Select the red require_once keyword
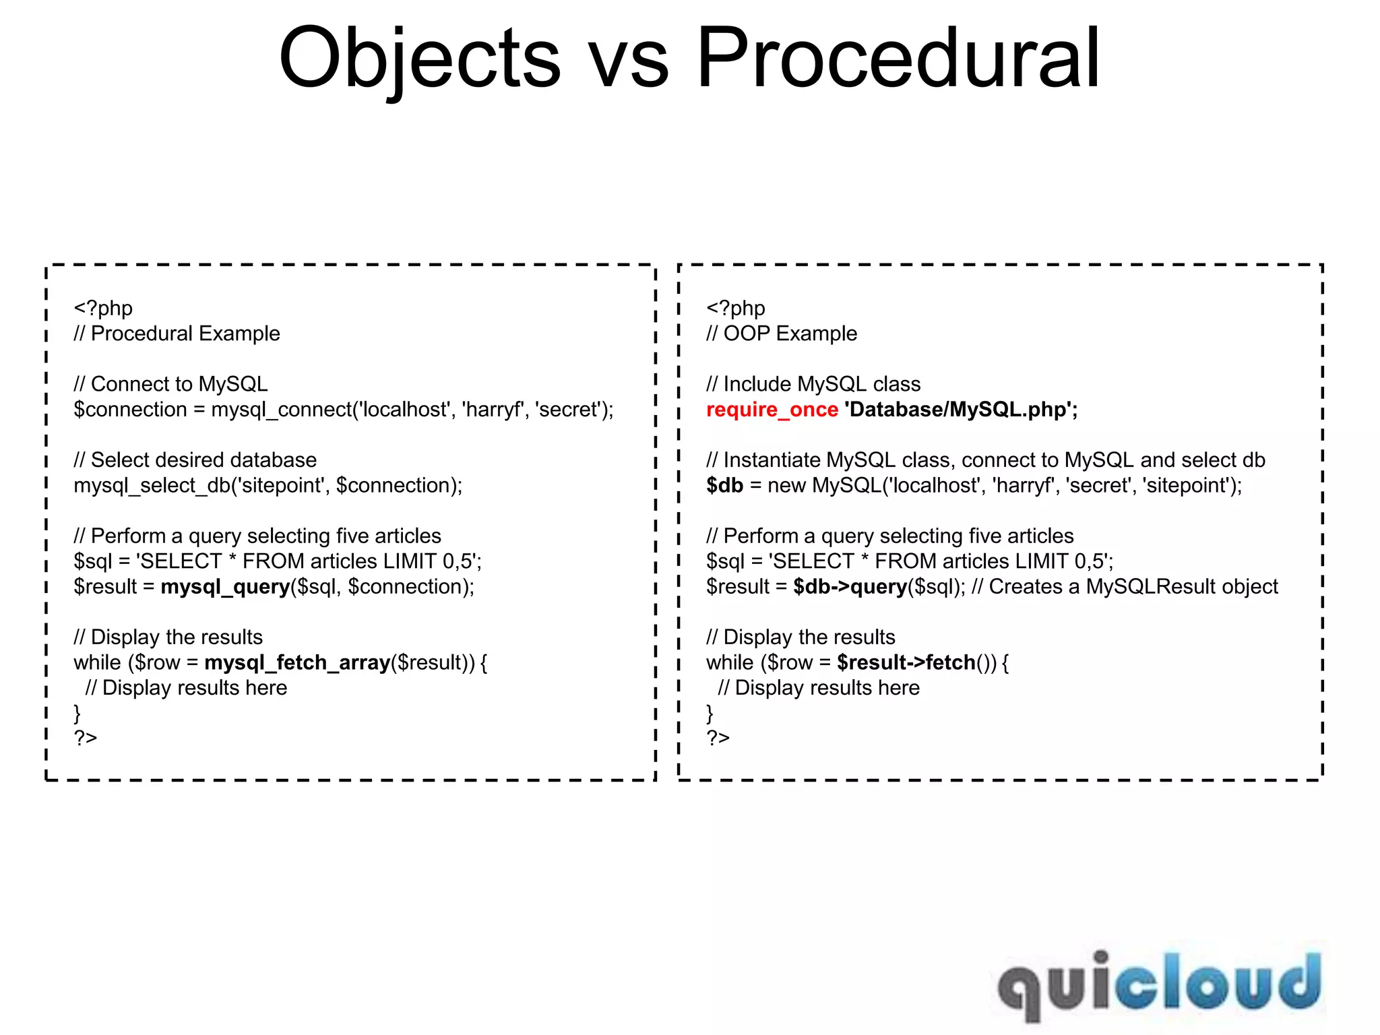(772, 410)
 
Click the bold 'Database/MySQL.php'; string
(960, 410)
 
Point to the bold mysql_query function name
(225, 587)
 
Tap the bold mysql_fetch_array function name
(297, 663)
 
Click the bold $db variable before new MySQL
(724, 486)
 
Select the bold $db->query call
(850, 587)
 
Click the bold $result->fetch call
(906, 663)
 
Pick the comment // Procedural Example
(177, 334)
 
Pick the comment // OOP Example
(782, 334)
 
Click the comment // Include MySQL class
(813, 384)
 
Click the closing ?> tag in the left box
(86, 739)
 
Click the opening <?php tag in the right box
(735, 308)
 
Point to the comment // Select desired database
(195, 460)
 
